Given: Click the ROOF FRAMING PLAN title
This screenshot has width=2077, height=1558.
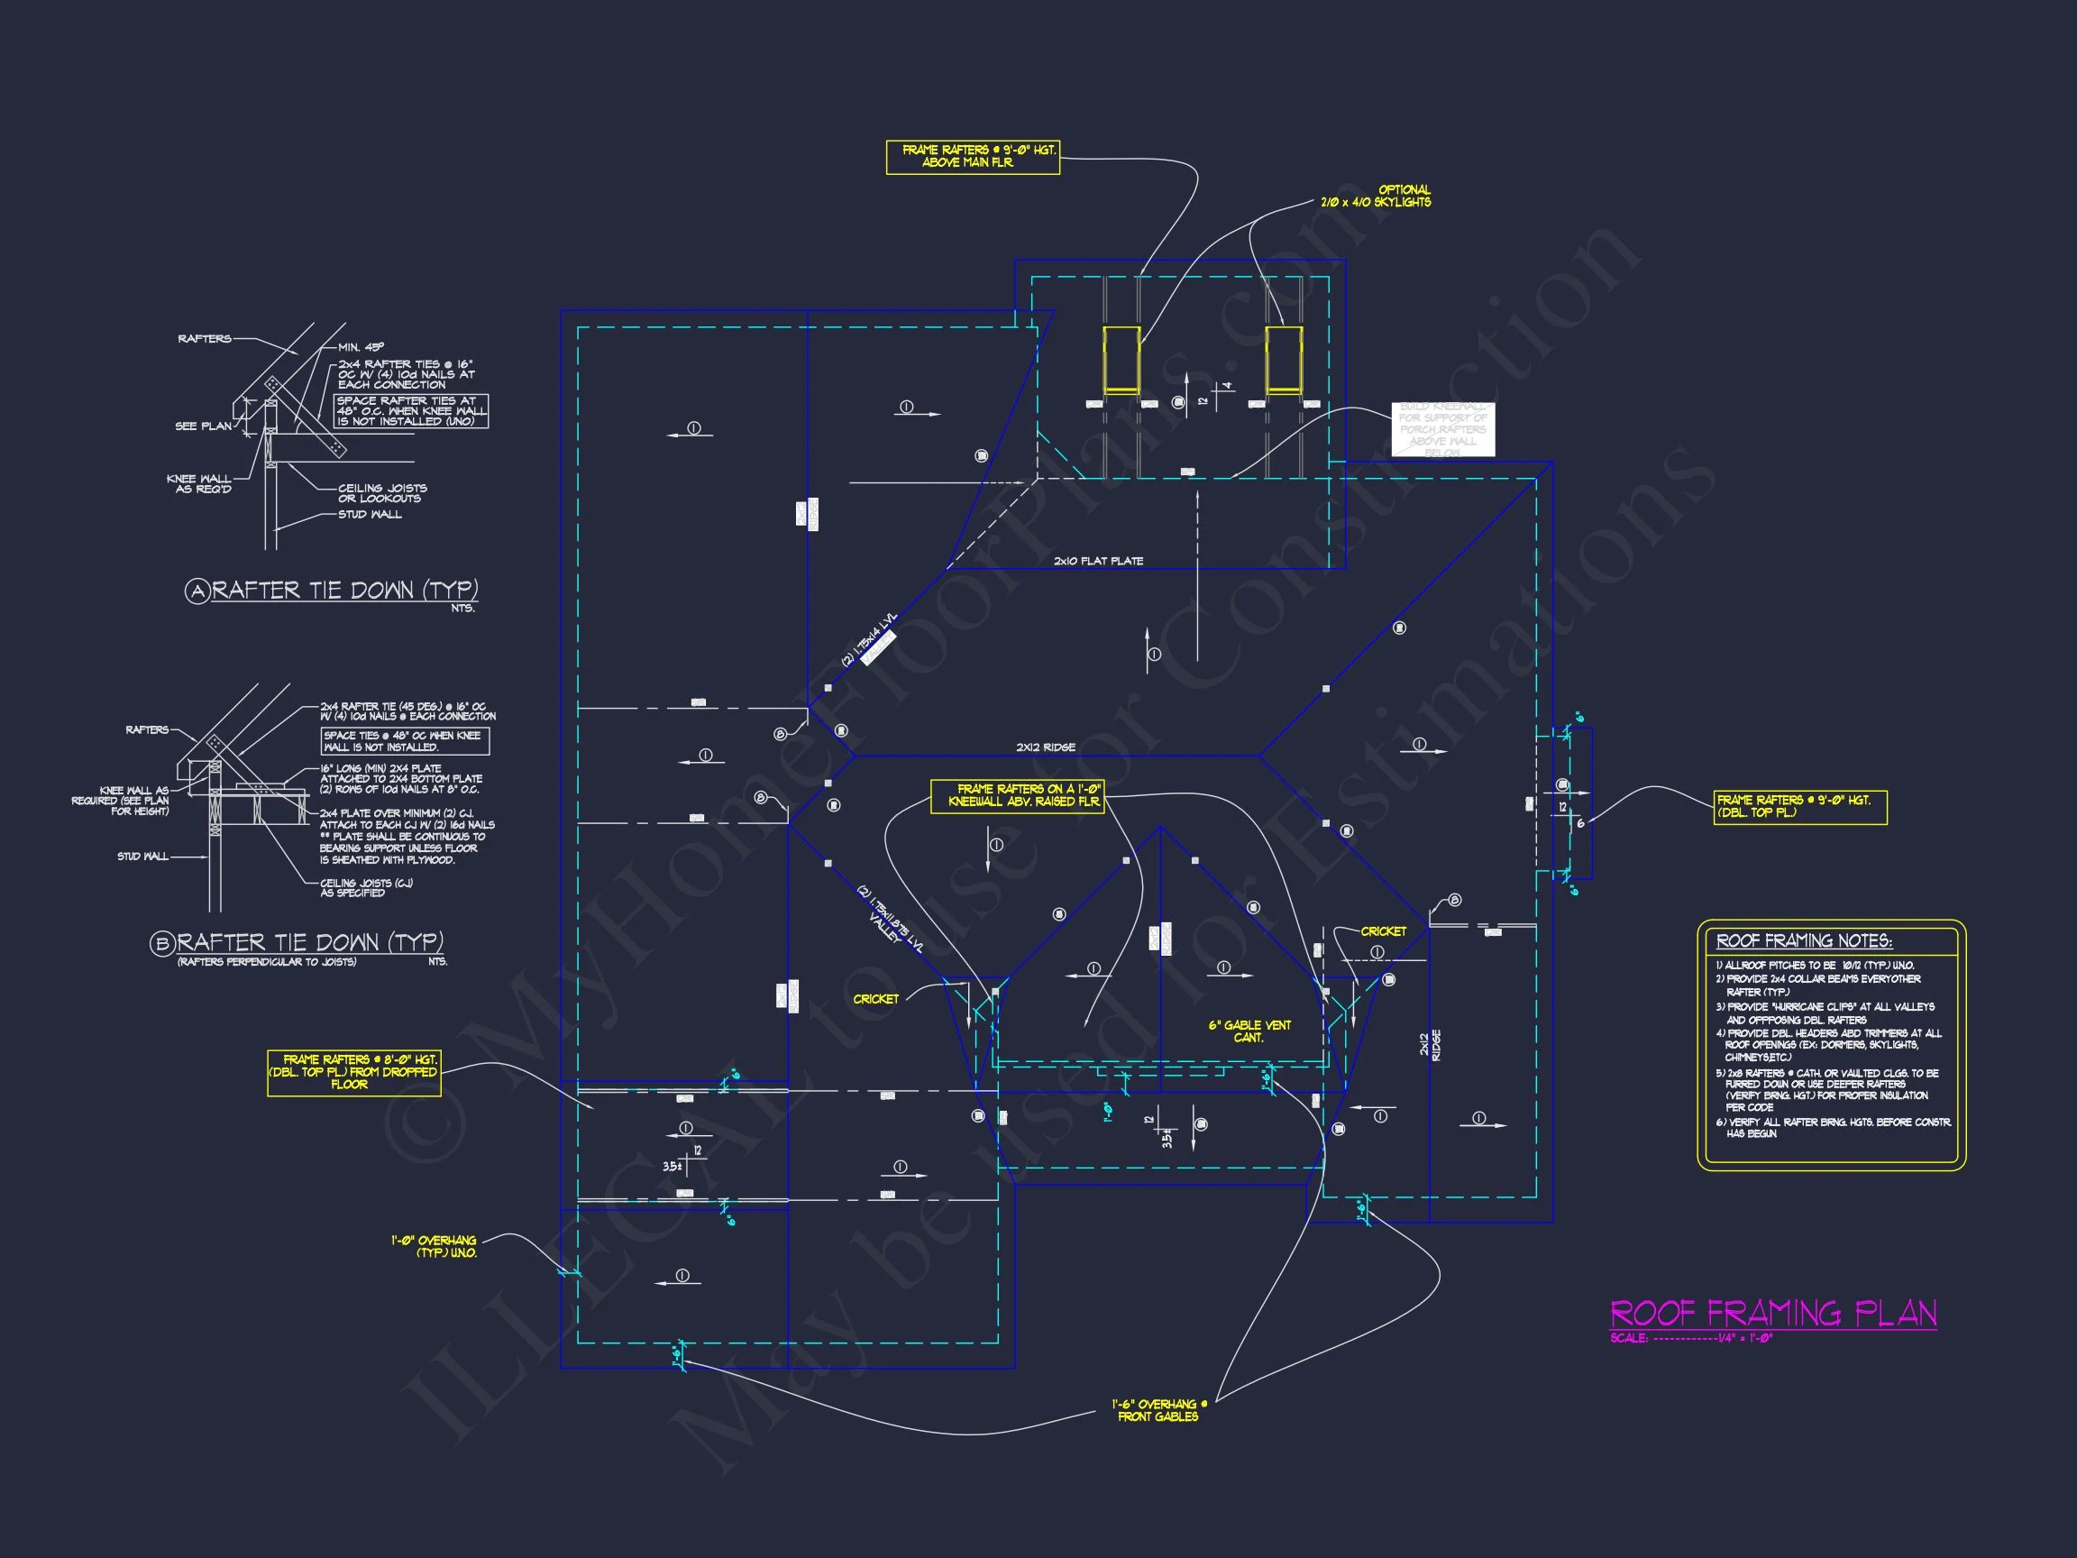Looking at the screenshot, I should click(1773, 1313).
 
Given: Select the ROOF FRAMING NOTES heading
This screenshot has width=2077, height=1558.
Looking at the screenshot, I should click(1804, 941).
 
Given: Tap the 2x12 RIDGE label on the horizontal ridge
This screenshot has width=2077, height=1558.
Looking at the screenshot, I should click(1045, 747).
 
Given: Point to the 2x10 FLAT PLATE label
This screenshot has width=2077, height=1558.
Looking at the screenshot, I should click(1098, 562).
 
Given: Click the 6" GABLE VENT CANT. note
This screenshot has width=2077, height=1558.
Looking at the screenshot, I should click(1249, 1031).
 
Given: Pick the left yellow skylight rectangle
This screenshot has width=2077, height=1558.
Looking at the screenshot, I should click(1121, 360).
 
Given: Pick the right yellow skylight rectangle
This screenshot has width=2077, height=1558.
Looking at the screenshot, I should click(1284, 360).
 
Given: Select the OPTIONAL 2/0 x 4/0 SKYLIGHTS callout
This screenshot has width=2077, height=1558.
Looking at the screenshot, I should click(1377, 197).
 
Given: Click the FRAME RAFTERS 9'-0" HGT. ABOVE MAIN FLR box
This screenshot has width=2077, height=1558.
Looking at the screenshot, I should click(973, 157).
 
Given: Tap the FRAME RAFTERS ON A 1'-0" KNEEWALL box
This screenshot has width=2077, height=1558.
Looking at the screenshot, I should click(1017, 795).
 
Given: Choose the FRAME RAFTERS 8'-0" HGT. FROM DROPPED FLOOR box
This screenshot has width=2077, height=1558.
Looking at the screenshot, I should click(354, 1071).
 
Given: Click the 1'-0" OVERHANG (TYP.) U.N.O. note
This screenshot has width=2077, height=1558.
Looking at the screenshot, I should click(435, 1246).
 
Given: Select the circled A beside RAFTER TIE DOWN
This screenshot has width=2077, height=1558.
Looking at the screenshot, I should click(197, 591).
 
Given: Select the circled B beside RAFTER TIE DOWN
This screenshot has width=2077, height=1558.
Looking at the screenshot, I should click(162, 943).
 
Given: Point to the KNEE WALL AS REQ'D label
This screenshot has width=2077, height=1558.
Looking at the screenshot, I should click(200, 483).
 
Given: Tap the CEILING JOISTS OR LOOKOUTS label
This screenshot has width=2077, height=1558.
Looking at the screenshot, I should click(381, 493).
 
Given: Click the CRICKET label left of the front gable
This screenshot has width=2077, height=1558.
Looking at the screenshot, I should click(875, 999).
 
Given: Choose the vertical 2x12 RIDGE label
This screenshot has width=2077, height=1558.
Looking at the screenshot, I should click(1429, 1046).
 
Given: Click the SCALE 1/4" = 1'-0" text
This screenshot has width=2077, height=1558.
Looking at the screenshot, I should click(1690, 1338).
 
